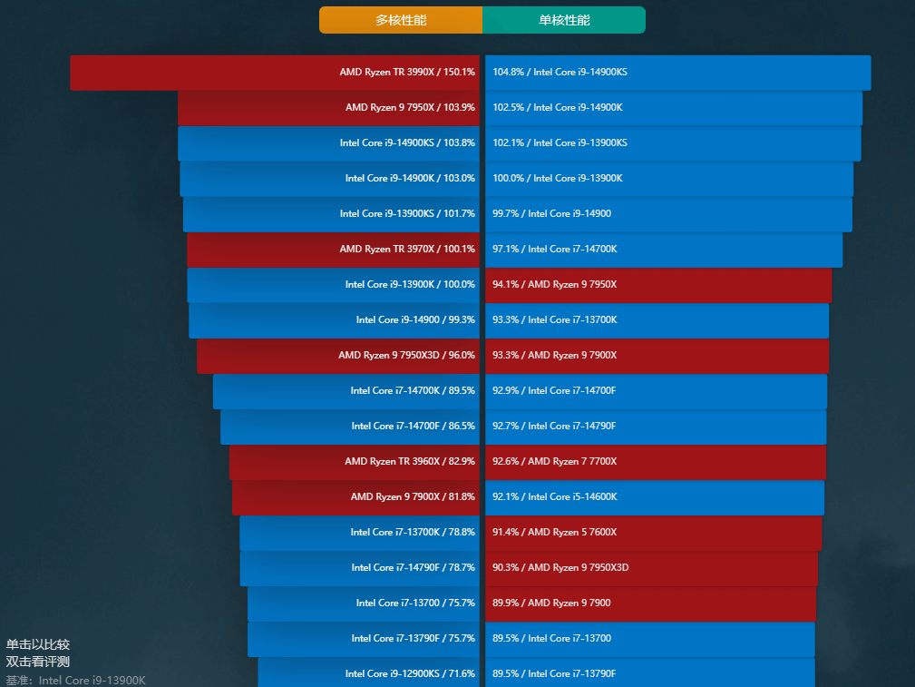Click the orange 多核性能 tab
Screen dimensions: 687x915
tap(400, 20)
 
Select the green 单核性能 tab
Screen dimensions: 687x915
tap(563, 20)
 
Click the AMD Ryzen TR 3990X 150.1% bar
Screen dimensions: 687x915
tap(275, 73)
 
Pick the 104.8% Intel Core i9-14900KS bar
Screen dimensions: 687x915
tap(677, 73)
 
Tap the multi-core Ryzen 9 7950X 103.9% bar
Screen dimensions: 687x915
tap(328, 108)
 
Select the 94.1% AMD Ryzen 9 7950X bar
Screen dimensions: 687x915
tap(657, 285)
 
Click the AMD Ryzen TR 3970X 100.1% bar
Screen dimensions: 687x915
tap(333, 250)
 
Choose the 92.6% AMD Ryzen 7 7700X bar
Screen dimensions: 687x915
tap(655, 462)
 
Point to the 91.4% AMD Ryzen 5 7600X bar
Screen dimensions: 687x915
tap(653, 533)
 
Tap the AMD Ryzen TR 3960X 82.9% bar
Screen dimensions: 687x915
tap(354, 462)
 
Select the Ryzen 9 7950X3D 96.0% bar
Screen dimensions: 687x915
tap(337, 356)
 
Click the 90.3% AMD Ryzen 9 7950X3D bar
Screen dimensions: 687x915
tap(651, 568)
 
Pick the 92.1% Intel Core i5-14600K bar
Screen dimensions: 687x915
tap(654, 497)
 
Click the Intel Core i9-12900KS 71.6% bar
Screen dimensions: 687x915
tap(368, 672)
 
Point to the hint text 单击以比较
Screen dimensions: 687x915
tap(38, 644)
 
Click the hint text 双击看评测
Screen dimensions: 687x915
tap(38, 662)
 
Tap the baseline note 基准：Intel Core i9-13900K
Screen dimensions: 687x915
tap(76, 680)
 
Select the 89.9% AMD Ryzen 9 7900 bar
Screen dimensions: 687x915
tap(650, 604)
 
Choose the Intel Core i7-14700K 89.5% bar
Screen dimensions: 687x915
tap(346, 391)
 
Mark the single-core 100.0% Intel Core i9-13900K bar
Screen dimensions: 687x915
tap(668, 179)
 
